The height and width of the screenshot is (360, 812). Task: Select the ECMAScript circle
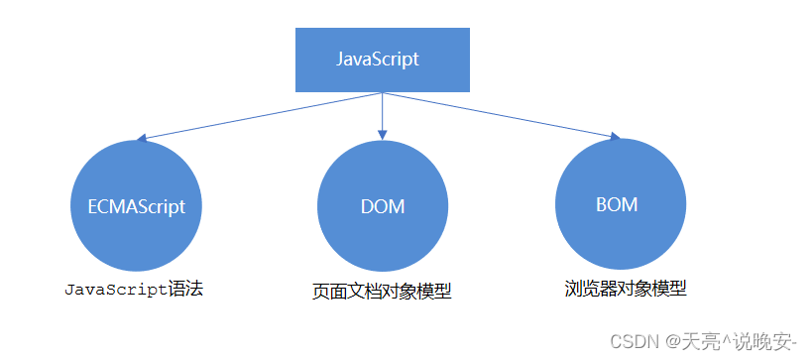pyautogui.click(x=137, y=205)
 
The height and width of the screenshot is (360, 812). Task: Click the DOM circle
pyautogui.click(x=382, y=205)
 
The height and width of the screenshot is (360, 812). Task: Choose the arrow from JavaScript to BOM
pyautogui.click(x=501, y=116)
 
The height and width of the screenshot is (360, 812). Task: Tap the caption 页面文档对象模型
pyautogui.click(x=382, y=292)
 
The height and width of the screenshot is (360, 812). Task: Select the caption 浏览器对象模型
pyautogui.click(x=626, y=289)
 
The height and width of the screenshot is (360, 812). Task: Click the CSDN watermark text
pyautogui.click(x=635, y=342)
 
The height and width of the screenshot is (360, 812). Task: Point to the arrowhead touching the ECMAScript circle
pyautogui.click(x=144, y=139)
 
